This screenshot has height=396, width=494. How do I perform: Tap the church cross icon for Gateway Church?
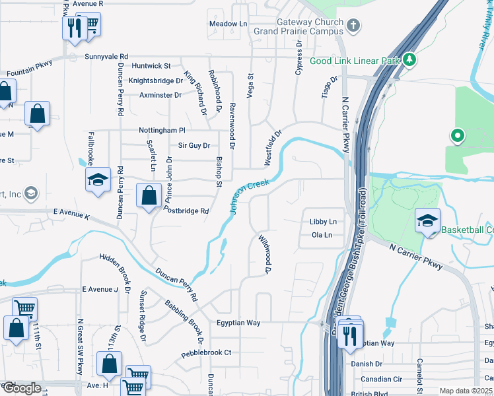tap(353, 26)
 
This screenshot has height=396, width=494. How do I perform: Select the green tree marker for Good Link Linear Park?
tap(410, 60)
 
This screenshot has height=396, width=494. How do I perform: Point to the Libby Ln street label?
tap(323, 222)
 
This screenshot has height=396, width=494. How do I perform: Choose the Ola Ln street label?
tap(322, 235)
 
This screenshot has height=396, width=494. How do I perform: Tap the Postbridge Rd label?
tap(187, 211)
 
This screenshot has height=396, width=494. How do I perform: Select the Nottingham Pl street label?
tap(162, 131)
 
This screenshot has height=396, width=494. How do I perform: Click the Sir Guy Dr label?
tap(194, 145)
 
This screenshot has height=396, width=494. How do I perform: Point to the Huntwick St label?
tap(151, 66)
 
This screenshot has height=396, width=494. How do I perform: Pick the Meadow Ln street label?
tap(227, 24)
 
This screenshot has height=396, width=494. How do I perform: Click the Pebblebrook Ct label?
tap(207, 352)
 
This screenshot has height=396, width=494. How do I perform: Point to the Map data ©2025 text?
tap(466, 391)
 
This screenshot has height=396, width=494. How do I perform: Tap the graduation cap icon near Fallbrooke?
tap(97, 180)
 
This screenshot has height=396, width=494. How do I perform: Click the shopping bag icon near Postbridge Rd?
tap(149, 195)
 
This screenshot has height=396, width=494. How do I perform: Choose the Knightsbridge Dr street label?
tap(156, 81)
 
